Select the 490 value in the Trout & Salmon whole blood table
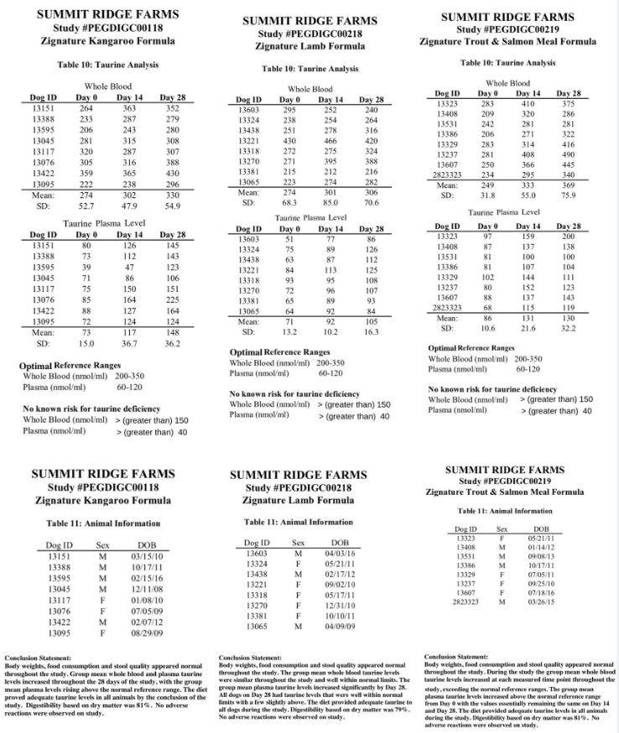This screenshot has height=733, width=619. (569, 153)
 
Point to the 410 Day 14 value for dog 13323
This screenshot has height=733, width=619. (527, 103)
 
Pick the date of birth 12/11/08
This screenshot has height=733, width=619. (147, 589)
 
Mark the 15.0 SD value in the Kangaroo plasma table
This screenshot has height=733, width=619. (84, 344)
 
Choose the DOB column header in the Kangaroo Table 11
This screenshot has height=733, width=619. (147, 543)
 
